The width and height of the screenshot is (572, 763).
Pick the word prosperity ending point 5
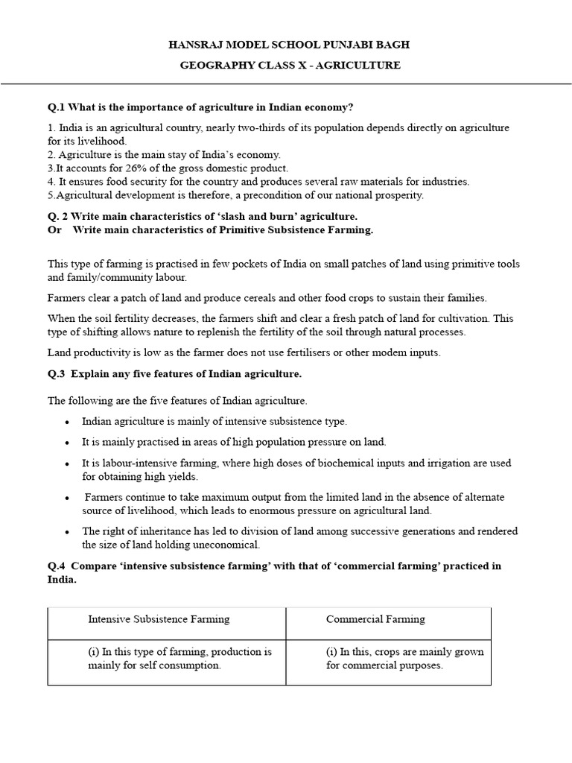pyautogui.click(x=399, y=195)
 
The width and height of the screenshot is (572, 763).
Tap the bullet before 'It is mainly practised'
pyautogui.click(x=67, y=443)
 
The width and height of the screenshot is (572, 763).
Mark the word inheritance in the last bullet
pyautogui.click(x=161, y=531)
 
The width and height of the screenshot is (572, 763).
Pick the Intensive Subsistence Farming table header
pyautogui.click(x=159, y=619)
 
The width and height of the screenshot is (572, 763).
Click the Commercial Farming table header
pyautogui.click(x=375, y=619)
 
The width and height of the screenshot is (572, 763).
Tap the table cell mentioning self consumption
pyautogui.click(x=179, y=659)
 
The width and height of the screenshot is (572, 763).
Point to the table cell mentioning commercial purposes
pyautogui.click(x=404, y=659)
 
